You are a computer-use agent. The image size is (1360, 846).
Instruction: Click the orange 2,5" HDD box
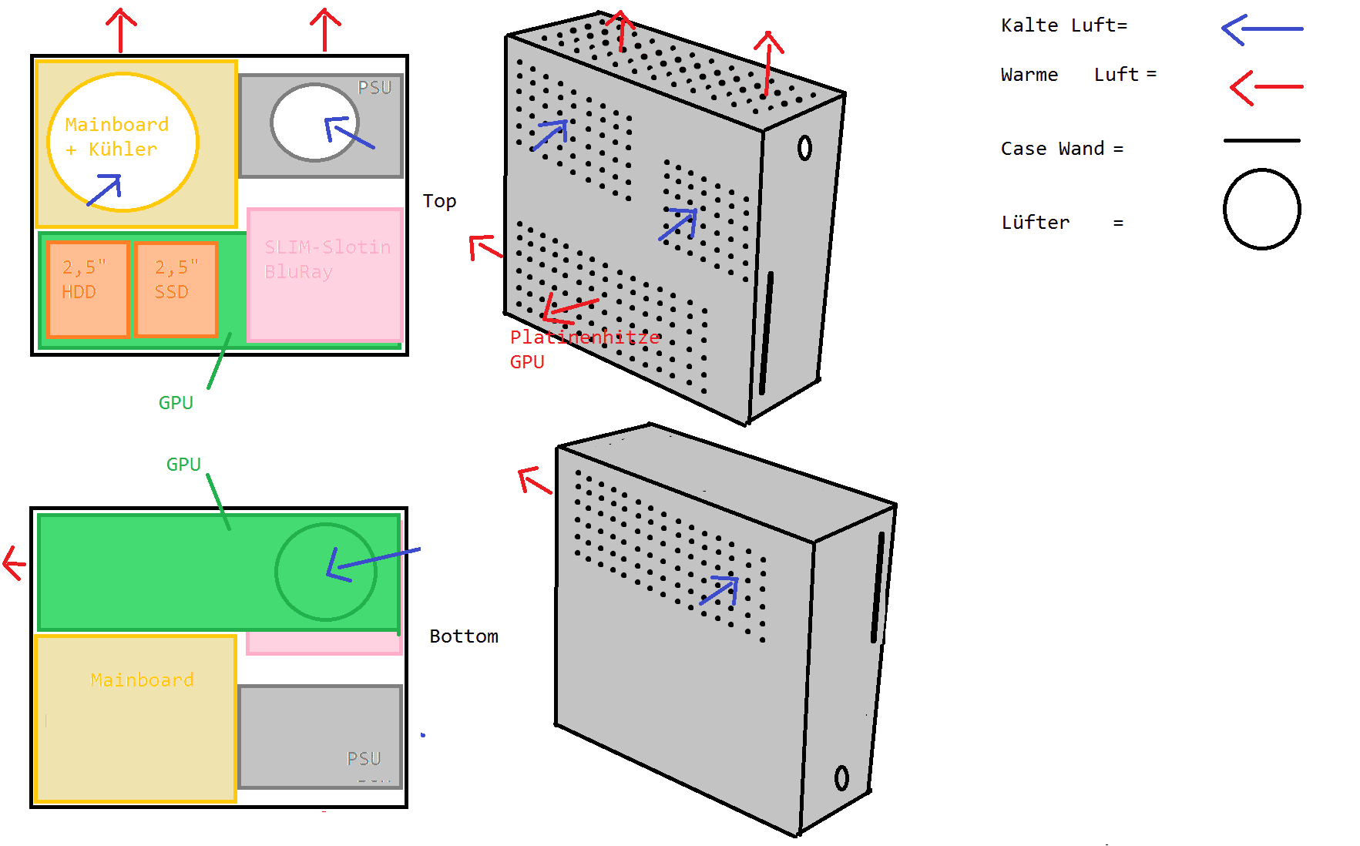point(87,289)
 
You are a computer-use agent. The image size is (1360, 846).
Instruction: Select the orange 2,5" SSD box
point(176,289)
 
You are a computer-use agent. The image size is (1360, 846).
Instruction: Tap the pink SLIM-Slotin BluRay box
point(326,274)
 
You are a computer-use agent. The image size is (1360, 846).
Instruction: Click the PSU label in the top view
point(374,88)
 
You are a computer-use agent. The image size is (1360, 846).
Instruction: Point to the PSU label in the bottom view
point(364,759)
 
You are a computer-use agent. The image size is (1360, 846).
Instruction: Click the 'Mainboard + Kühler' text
point(116,136)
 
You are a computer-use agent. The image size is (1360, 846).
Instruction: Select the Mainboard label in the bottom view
point(142,680)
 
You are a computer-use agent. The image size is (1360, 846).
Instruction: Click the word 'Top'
point(439,201)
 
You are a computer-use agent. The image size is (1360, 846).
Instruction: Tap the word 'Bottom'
point(464,636)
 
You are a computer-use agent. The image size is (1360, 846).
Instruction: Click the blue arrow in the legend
point(1261,29)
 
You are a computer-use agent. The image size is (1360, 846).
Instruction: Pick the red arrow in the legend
point(1265,87)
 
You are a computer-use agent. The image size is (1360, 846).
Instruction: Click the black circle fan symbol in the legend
point(1261,209)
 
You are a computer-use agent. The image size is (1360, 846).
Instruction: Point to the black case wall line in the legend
point(1261,141)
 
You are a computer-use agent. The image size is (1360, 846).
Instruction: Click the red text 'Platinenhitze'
point(585,337)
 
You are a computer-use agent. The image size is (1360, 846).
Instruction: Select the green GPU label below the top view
point(176,403)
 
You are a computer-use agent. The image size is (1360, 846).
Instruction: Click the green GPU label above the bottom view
point(183,465)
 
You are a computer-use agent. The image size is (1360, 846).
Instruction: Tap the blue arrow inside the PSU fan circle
point(348,132)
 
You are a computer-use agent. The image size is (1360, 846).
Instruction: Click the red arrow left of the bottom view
point(14,562)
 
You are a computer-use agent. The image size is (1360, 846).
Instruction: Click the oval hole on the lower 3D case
point(841,777)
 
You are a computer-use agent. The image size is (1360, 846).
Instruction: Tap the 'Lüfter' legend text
point(1035,223)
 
